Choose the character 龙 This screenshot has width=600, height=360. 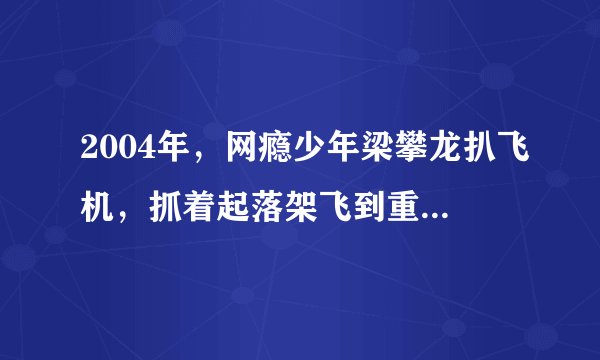(x=425, y=156)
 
